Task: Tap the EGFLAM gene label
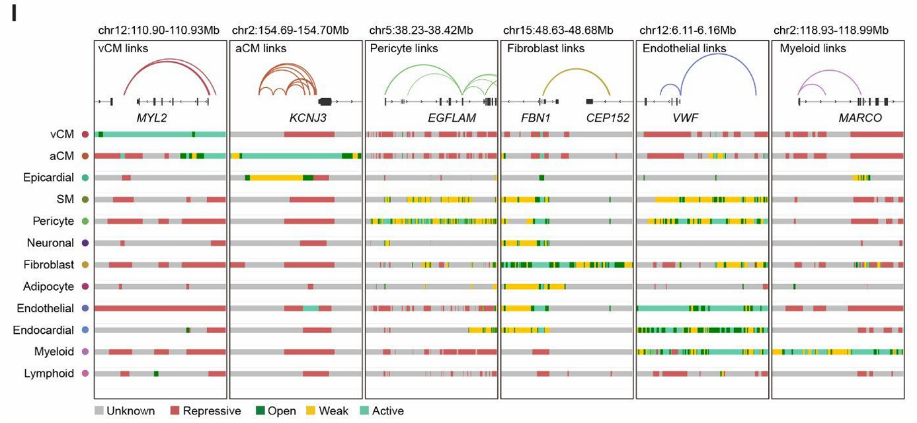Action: pyautogui.click(x=452, y=118)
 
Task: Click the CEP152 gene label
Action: pyautogui.click(x=608, y=118)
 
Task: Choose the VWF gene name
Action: pyautogui.click(x=685, y=118)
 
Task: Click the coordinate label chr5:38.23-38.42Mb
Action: pyautogui.click(x=420, y=30)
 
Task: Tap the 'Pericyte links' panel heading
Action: pyautogui.click(x=404, y=48)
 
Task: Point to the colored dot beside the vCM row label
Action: pyautogui.click(x=85, y=134)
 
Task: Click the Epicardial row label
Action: pyautogui.click(x=50, y=178)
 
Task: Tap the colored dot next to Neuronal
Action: pyautogui.click(x=85, y=243)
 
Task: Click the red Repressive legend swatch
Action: pyautogui.click(x=175, y=411)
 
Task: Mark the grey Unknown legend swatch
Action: pyautogui.click(x=99, y=411)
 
